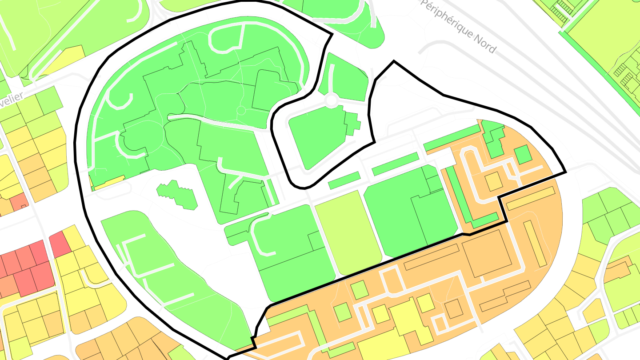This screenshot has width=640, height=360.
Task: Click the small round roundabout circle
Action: coord(331,100)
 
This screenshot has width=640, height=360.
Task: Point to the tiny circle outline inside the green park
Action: coord(241,110)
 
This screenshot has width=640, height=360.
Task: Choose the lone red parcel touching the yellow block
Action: coord(60,244)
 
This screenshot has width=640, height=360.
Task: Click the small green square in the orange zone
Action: coord(523,154)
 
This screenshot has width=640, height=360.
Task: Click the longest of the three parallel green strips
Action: coord(452,138)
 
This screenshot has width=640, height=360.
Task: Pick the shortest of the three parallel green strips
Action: coord(344,179)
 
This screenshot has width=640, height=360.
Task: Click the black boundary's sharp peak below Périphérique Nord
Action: coord(393,62)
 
